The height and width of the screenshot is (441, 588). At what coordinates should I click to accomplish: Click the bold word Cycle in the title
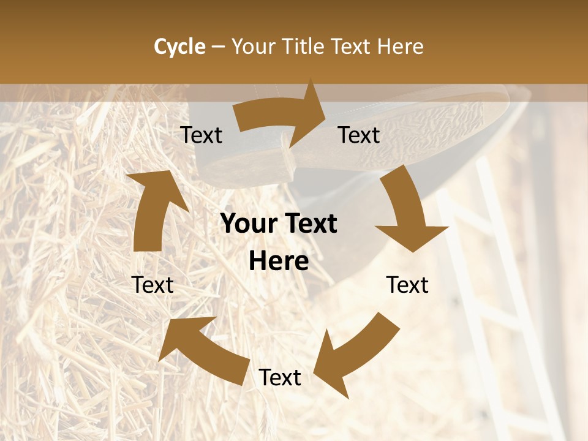179,47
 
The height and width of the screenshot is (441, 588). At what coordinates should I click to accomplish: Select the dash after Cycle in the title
218,47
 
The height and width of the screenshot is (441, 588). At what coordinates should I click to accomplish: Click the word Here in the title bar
402,47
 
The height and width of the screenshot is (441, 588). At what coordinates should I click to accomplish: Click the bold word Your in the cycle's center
249,224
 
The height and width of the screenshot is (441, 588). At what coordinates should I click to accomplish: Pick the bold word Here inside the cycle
279,262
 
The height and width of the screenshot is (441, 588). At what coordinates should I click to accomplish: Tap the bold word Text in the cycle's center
309,224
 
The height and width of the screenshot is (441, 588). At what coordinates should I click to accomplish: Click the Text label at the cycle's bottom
280,378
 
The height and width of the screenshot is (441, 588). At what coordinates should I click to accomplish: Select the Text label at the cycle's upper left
201,135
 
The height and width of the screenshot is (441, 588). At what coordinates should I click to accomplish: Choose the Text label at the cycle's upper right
359,135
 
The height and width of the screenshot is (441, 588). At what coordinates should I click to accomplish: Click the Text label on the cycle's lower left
153,285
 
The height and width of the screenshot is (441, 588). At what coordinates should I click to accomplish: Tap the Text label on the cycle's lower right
407,285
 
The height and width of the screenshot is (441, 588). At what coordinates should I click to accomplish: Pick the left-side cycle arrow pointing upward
153,208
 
